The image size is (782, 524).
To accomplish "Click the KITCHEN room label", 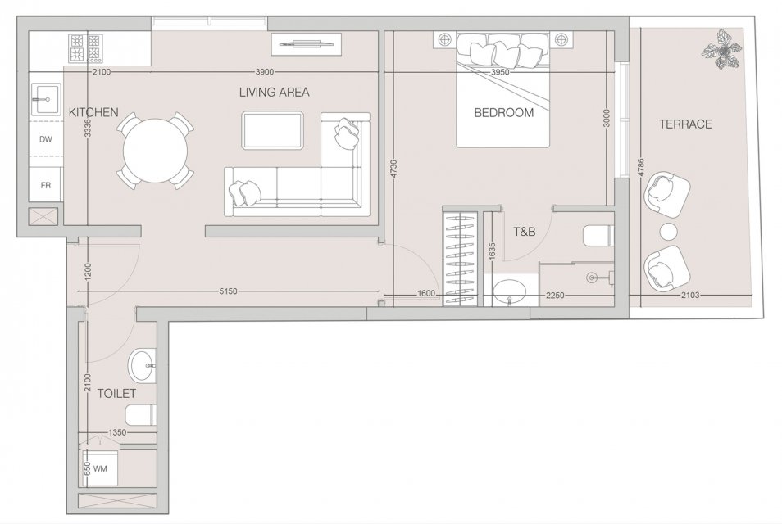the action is tap(93, 112).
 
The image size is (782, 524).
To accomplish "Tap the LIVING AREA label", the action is tap(274, 93).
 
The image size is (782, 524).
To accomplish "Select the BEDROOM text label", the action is tap(504, 112).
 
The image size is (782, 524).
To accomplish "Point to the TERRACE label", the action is tap(685, 124).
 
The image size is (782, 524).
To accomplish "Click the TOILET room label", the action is tap(116, 394).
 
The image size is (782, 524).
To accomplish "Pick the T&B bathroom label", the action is tap(525, 231).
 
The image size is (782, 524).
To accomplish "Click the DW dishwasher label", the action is tap(45, 139).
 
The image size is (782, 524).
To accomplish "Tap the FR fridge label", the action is tap(45, 185).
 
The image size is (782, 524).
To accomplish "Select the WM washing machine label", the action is tap(100, 468).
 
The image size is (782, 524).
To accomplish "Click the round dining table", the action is tap(156, 151).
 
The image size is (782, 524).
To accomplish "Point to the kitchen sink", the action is tap(45, 99).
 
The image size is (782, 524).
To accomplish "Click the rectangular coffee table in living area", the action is tap(272, 130).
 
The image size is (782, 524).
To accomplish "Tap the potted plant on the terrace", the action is tap(721, 49).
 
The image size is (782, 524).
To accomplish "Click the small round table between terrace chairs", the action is tap(668, 232).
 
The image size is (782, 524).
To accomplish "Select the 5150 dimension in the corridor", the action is tap(228, 291).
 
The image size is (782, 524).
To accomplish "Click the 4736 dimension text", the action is tap(393, 169).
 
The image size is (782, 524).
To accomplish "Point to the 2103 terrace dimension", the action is tap(689, 296).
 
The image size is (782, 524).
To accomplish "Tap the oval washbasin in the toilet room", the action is tap(142, 366).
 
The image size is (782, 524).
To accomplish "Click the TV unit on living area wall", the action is tap(307, 44).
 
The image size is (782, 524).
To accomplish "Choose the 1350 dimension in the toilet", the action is tap(118, 433).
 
